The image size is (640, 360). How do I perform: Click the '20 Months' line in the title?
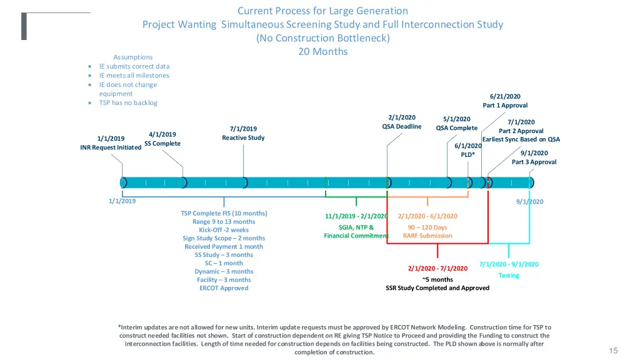[x=322, y=51]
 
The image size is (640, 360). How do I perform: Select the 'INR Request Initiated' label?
[x=111, y=147]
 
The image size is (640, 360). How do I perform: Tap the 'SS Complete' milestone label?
[x=162, y=143]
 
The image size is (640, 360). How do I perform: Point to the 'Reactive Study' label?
[x=243, y=137]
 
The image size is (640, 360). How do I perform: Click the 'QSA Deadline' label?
[x=401, y=126]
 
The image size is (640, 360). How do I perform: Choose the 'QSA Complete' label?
[x=456, y=128]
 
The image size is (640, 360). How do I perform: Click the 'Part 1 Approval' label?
[x=505, y=105]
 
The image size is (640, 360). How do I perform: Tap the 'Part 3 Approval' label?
[x=534, y=162]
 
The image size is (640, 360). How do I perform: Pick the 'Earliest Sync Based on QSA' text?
[x=521, y=139]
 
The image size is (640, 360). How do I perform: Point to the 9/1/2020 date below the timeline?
[x=529, y=201]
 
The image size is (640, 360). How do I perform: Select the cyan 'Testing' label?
[x=508, y=276]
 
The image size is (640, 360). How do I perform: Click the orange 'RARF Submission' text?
[x=427, y=236]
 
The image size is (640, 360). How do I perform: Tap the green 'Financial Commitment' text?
[x=356, y=236]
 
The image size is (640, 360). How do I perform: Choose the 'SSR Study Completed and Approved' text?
[x=437, y=288]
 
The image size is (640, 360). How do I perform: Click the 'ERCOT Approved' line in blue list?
[x=224, y=288]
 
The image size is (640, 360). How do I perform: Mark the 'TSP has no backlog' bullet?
[x=128, y=102]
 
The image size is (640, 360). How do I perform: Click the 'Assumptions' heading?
[x=132, y=57]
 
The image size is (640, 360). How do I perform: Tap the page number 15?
[x=612, y=351]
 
